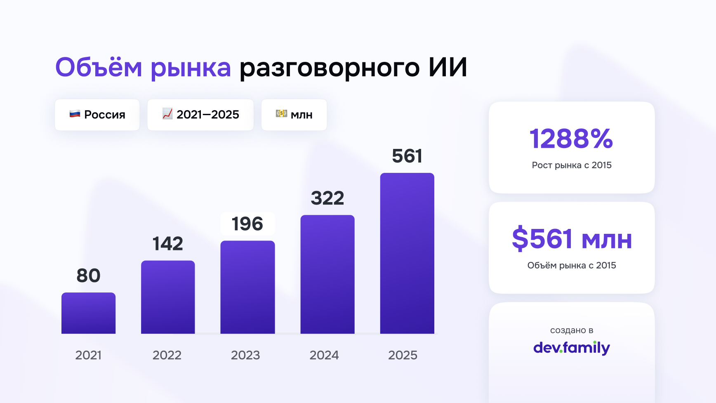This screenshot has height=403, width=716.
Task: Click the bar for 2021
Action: (88, 313)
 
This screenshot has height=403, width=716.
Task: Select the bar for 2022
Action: (168, 297)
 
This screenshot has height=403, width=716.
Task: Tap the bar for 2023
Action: (247, 287)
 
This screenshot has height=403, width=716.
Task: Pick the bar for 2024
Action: (327, 274)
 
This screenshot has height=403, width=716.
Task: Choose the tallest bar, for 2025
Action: (407, 253)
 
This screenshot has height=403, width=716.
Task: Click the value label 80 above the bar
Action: (88, 276)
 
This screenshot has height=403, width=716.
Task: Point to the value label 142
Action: (168, 244)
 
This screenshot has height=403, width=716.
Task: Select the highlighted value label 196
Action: (247, 224)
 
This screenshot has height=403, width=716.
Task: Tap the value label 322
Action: (327, 198)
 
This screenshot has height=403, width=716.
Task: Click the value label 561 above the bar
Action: (407, 156)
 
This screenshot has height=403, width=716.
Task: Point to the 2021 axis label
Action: (88, 355)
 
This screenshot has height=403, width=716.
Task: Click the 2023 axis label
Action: (245, 355)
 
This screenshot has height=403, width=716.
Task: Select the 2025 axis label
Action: (403, 355)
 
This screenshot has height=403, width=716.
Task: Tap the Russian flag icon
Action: (75, 114)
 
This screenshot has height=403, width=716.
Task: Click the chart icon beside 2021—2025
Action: (167, 114)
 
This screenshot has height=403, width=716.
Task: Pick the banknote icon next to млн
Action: (281, 113)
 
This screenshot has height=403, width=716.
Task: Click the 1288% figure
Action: (571, 139)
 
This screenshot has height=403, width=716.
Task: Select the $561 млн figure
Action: (572, 239)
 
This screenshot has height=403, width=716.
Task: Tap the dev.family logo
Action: (572, 348)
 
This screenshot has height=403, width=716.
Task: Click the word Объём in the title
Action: (99, 67)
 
